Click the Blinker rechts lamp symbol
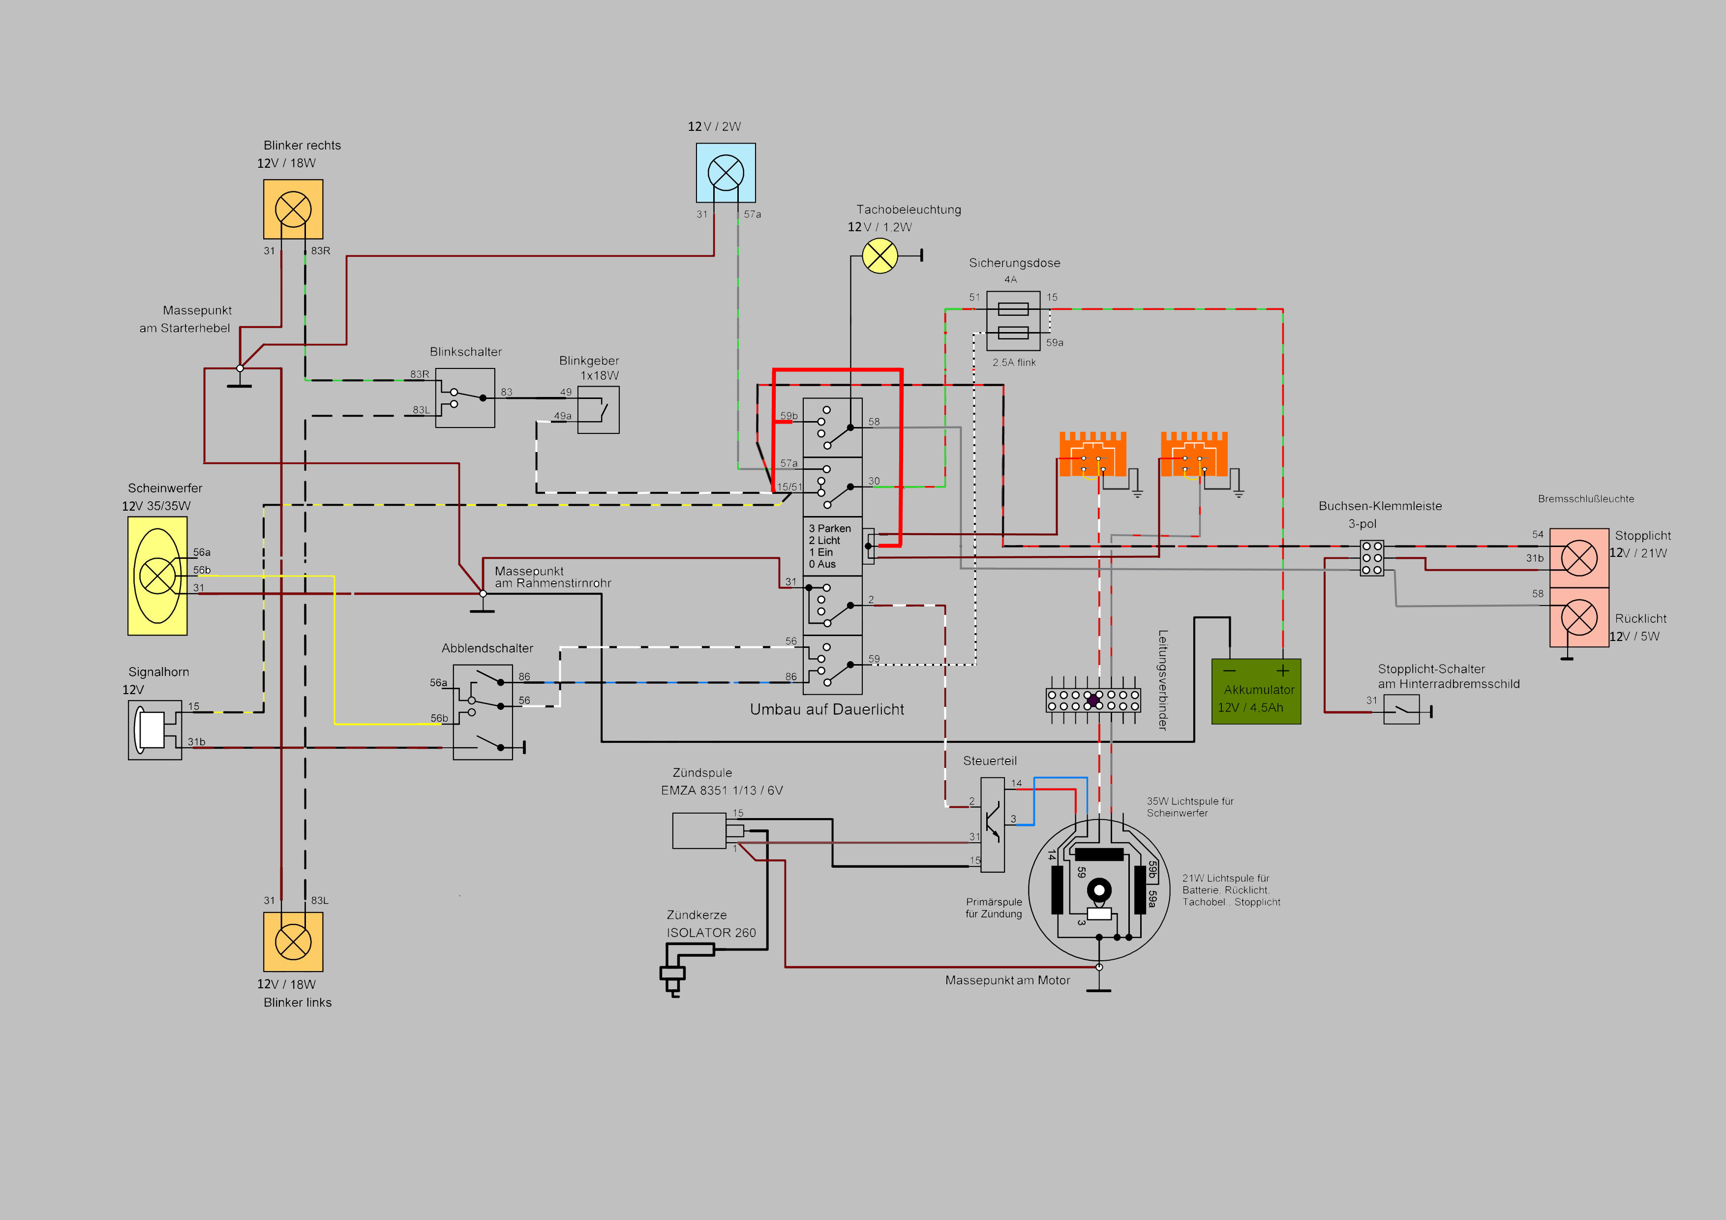[x=293, y=209]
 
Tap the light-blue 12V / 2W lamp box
[x=726, y=173]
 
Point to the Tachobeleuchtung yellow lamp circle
[x=879, y=256]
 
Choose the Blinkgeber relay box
[x=599, y=410]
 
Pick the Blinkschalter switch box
[x=465, y=397]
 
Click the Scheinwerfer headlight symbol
[x=157, y=576]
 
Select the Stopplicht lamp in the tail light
[x=1578, y=558]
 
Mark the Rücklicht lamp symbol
[x=1578, y=618]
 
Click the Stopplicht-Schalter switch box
[x=1401, y=709]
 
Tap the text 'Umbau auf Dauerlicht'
[x=826, y=709]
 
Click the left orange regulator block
[x=1092, y=454]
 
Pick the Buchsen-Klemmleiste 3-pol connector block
[x=1372, y=558]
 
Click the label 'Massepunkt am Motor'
[x=1007, y=980]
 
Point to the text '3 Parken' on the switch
[x=830, y=528]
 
